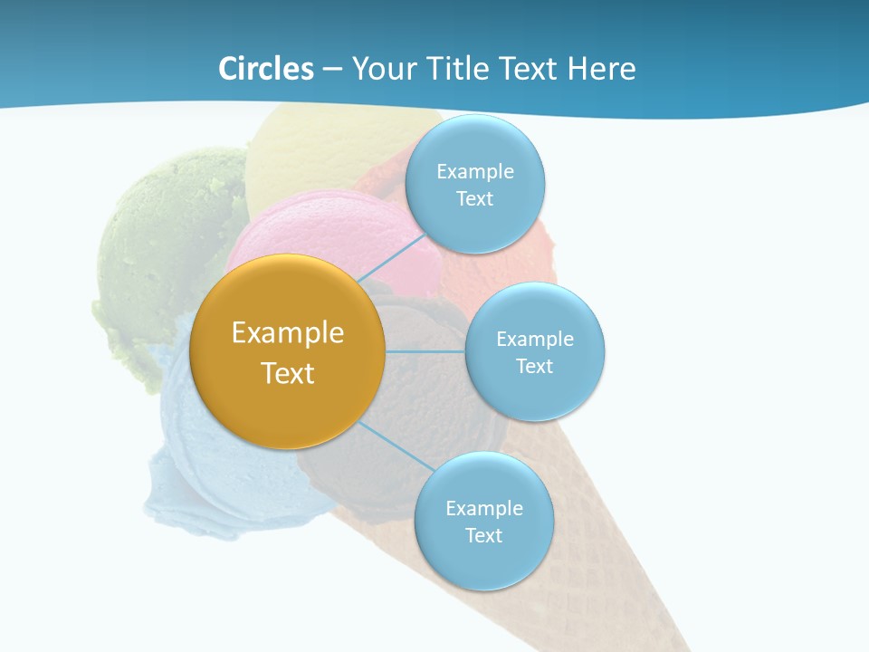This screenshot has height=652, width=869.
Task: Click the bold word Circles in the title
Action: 266,69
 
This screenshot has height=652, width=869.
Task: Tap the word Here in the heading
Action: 601,69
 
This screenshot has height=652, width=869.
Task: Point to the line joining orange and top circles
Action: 391,258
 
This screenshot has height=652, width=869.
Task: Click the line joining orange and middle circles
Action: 425,351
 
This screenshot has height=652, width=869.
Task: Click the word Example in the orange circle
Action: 288,333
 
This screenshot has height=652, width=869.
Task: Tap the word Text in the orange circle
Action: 288,373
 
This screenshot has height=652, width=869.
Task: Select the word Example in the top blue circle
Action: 475,171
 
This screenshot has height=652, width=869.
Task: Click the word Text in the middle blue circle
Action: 535,366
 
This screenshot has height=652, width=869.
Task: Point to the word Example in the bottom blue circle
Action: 484,508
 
